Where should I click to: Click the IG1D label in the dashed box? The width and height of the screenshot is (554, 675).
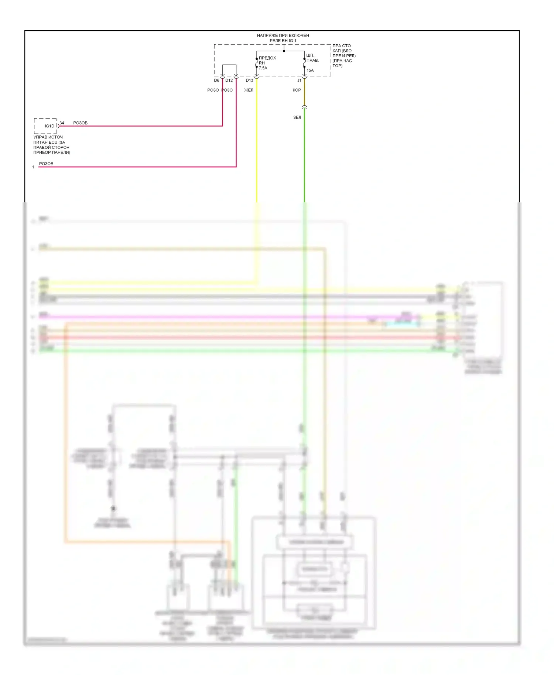(49, 126)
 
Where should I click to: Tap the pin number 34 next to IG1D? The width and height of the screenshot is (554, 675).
(62, 123)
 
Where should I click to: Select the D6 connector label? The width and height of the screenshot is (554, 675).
(216, 80)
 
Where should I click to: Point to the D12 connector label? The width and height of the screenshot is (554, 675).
(229, 80)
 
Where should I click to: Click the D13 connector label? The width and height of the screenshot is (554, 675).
(250, 80)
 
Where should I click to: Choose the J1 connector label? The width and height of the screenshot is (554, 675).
(299, 80)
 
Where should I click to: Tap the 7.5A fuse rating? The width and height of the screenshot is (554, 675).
(263, 68)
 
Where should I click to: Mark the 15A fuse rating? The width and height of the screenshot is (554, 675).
(310, 70)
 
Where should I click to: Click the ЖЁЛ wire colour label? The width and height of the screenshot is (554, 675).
(249, 90)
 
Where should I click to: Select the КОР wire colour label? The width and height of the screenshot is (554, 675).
(297, 90)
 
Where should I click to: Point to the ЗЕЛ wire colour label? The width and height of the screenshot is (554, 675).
(297, 117)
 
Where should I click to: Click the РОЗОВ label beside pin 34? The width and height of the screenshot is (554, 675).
(80, 123)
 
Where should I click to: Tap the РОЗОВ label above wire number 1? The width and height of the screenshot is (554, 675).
(46, 164)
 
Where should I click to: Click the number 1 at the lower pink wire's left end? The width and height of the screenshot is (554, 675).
(33, 167)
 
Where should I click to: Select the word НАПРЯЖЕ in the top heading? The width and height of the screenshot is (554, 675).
(267, 35)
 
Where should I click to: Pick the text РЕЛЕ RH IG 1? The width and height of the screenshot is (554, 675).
(283, 41)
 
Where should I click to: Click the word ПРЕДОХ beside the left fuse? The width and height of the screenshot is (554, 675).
(267, 58)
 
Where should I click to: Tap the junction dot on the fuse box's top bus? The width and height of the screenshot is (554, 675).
(284, 51)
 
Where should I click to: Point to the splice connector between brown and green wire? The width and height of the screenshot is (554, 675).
(304, 107)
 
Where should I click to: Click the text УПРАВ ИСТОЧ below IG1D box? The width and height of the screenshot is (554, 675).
(48, 137)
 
